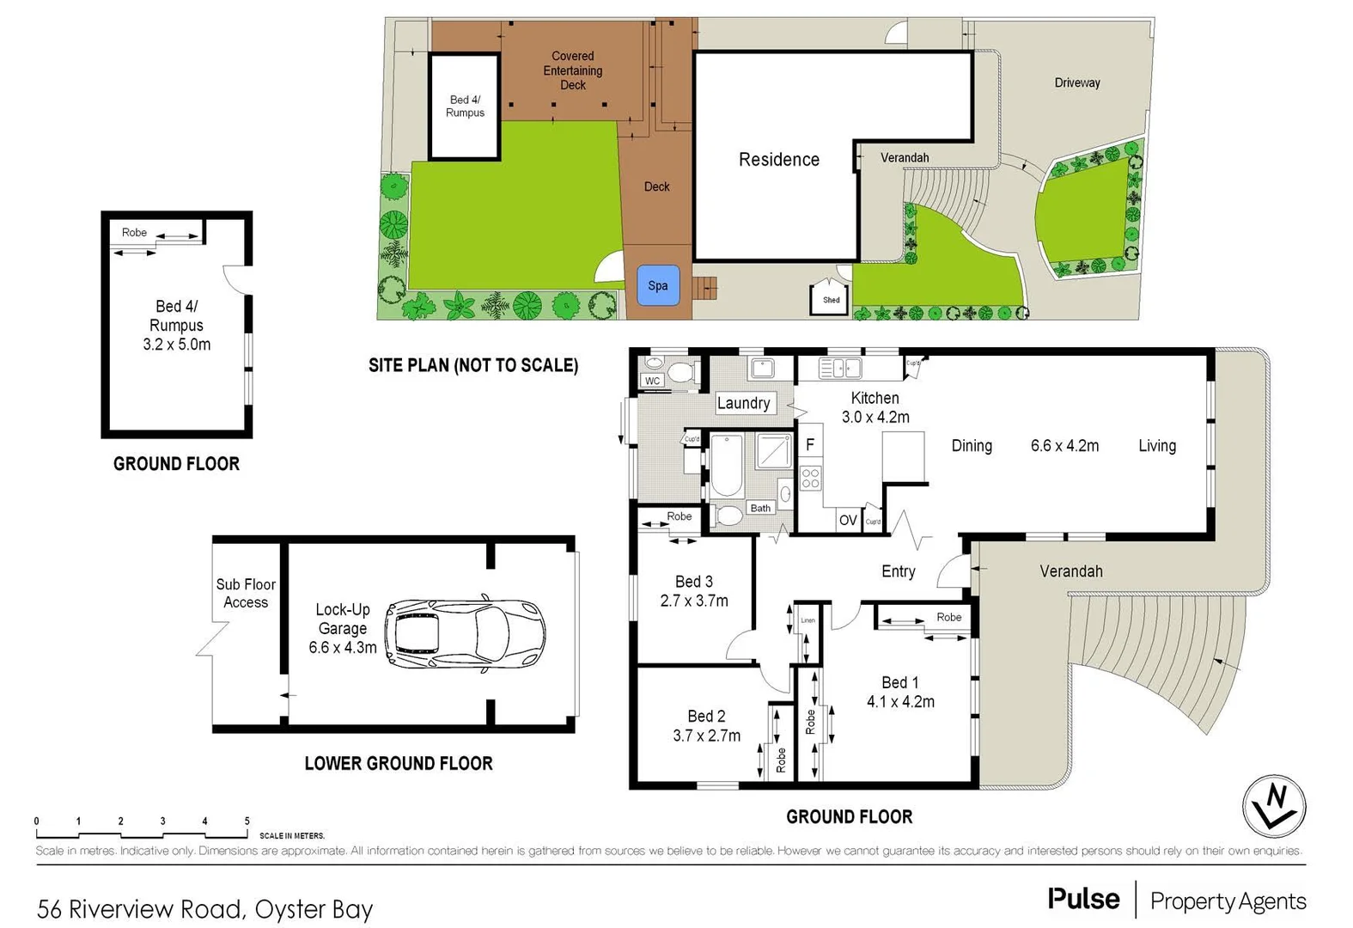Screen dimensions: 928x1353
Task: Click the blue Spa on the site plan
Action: pyautogui.click(x=658, y=286)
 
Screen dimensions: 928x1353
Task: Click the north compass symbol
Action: pyautogui.click(x=1274, y=806)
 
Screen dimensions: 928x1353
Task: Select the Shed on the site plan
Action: pyautogui.click(x=831, y=297)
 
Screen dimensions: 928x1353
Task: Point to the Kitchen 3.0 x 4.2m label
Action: pyautogui.click(x=875, y=407)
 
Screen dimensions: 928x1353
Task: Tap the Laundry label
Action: pyautogui.click(x=743, y=403)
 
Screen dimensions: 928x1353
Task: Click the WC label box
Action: pyautogui.click(x=652, y=381)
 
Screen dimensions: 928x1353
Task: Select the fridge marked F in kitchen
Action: pyautogui.click(x=809, y=445)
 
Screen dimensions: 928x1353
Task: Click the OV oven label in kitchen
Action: pyautogui.click(x=848, y=520)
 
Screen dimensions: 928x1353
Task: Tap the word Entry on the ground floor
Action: pyautogui.click(x=898, y=571)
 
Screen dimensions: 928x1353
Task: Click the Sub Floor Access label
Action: pyautogui.click(x=246, y=593)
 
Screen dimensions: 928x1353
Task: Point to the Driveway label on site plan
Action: pyautogui.click(x=1076, y=82)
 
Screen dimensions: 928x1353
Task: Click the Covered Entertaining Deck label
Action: pyautogui.click(x=572, y=70)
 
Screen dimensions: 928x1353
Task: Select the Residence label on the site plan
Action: pyautogui.click(x=778, y=160)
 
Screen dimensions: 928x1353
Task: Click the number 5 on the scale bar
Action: pyautogui.click(x=247, y=821)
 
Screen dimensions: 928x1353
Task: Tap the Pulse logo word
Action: pyautogui.click(x=1083, y=899)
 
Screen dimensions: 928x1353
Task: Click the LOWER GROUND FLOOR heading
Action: pyautogui.click(x=399, y=763)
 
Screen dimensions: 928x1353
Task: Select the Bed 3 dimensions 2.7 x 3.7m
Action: pyautogui.click(x=694, y=601)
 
